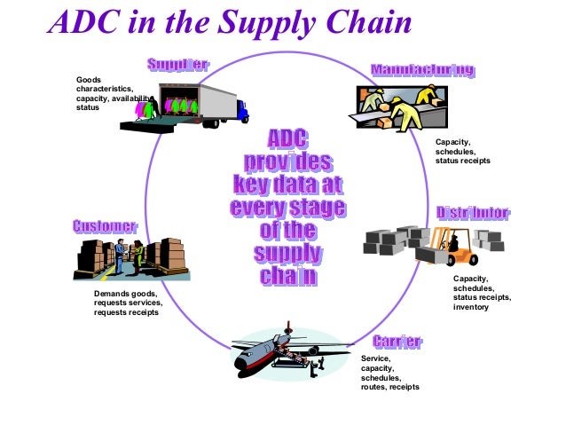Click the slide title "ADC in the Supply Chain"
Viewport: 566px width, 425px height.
230,24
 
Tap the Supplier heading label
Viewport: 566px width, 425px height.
177,65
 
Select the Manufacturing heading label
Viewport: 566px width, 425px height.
421,70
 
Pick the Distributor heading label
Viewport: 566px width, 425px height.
473,213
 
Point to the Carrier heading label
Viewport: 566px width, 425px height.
397,342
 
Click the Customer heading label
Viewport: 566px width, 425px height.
105,227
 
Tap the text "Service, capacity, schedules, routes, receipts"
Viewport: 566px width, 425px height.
389,373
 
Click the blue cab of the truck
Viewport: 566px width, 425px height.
241,111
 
